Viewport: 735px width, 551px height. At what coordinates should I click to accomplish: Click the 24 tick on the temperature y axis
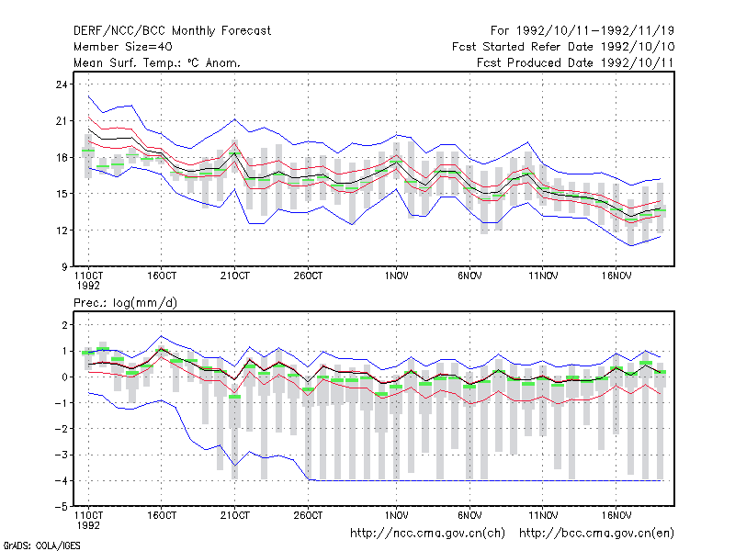(62, 84)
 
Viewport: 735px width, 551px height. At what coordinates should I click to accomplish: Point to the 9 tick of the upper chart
(63, 267)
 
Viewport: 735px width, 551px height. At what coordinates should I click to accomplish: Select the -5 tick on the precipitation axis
(62, 507)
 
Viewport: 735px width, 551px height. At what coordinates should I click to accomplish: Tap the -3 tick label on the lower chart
(62, 455)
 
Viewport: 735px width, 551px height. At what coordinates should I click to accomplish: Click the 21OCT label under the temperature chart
(235, 276)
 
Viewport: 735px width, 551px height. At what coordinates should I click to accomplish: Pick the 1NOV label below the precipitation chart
(396, 515)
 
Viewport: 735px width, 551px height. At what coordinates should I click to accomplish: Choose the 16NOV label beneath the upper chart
(616, 276)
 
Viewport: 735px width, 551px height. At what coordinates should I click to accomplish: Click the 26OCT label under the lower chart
(308, 515)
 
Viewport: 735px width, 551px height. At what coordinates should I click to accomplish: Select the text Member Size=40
(123, 47)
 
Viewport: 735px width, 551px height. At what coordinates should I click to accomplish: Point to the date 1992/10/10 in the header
(638, 47)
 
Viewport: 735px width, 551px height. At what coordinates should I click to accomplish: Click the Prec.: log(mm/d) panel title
(125, 303)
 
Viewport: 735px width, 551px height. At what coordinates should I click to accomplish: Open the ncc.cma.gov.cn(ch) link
(427, 534)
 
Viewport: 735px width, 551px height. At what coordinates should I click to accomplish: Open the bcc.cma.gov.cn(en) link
(596, 534)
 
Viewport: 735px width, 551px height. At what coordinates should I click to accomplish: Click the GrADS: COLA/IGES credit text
(41, 545)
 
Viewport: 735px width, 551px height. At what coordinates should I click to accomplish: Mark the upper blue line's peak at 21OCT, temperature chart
(235, 119)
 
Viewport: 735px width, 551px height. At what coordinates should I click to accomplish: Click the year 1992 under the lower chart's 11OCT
(88, 525)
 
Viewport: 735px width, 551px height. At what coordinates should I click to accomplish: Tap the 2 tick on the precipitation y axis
(64, 325)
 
